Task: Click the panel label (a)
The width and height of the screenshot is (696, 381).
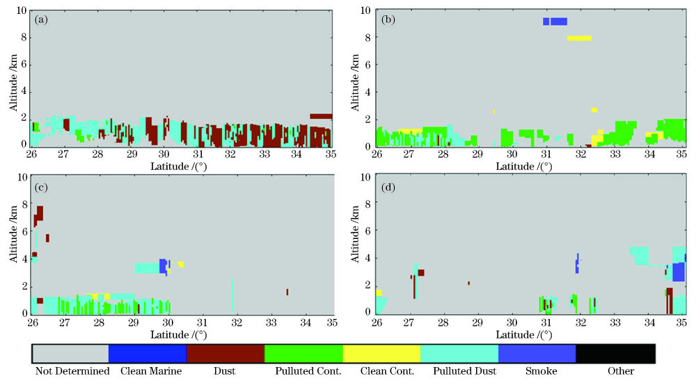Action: pos(41,20)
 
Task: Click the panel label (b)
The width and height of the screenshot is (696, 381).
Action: pos(388,20)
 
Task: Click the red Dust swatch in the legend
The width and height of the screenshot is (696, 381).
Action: pos(225,353)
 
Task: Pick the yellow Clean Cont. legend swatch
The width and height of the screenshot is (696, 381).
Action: pos(381,353)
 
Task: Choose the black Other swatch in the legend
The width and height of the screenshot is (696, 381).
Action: pos(615,353)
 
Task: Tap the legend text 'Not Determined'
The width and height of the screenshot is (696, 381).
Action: pos(72,371)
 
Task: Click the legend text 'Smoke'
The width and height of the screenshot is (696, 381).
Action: pos(543,371)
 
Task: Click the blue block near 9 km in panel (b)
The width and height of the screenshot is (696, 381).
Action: pos(555,22)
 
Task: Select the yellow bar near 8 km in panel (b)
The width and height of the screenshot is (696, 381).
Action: pos(579,38)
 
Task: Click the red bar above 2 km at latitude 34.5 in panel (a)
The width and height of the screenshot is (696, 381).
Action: pos(321,116)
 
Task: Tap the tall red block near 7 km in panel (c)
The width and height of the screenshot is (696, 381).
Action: pos(40,213)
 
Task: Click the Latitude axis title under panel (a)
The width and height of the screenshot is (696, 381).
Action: pos(180,166)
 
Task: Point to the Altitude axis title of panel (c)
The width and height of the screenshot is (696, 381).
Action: pos(13,244)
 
